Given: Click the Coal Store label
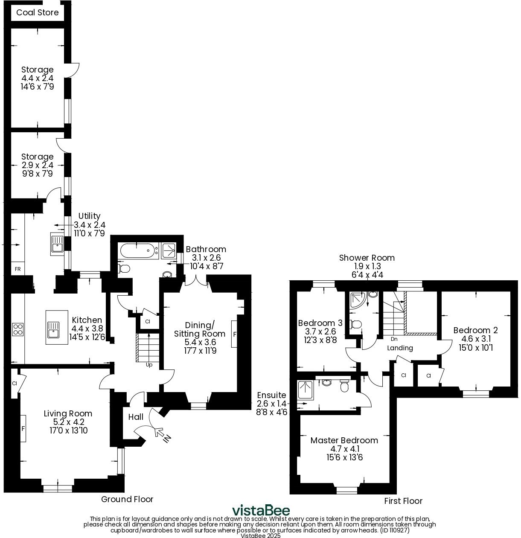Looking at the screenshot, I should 37,12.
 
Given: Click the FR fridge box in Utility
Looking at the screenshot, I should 18,269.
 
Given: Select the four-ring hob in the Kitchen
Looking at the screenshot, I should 18,329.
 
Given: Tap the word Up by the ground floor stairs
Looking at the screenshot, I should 149,365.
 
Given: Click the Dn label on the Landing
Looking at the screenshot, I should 394,339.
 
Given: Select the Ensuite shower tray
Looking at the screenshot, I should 306,390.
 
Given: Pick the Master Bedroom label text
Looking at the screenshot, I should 344,440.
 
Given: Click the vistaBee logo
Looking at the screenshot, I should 261,510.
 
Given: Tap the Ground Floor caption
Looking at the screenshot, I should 127,499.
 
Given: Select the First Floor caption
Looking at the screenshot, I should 403,501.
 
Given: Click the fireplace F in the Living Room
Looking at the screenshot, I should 23,428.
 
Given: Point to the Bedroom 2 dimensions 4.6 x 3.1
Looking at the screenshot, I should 475,339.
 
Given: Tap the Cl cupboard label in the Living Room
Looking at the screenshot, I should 15,384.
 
